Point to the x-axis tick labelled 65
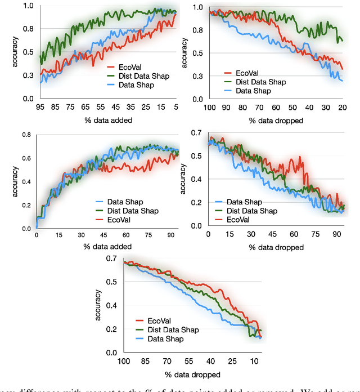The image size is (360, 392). (84, 107)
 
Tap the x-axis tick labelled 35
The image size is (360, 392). (130, 107)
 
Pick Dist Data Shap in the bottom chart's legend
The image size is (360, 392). (175, 329)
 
